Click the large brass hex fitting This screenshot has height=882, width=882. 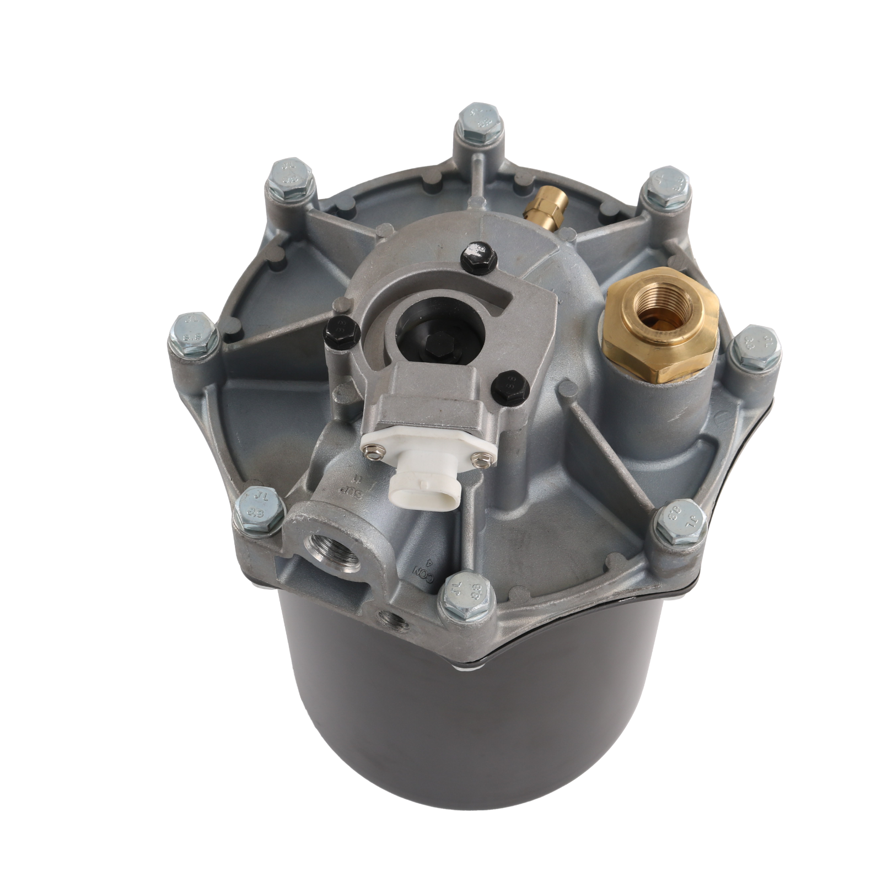pyautogui.click(x=659, y=326)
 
